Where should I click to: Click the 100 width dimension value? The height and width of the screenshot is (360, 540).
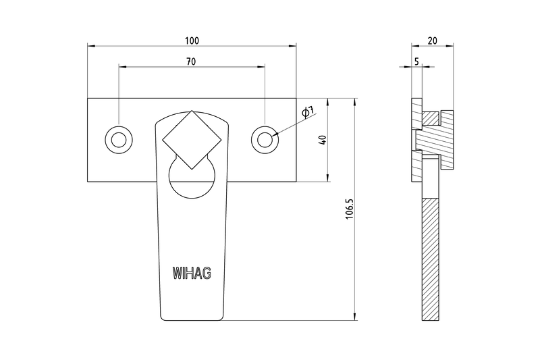[192, 41]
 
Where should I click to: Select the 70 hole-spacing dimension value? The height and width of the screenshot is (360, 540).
[191, 61]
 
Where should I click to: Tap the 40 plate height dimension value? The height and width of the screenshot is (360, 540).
[323, 140]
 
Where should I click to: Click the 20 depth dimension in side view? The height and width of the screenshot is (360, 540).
[432, 41]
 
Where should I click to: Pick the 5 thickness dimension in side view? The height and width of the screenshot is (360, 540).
[416, 61]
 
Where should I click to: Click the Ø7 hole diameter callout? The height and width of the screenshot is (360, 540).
[305, 113]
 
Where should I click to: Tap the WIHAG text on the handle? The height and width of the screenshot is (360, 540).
[192, 274]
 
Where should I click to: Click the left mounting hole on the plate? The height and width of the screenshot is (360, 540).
[118, 140]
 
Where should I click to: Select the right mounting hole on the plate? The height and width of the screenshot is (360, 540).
[265, 139]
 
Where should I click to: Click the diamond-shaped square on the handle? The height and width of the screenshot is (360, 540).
[192, 139]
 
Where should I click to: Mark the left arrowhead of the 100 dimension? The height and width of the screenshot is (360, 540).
[91, 46]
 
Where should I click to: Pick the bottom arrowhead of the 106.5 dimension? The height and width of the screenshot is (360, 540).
[355, 317]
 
